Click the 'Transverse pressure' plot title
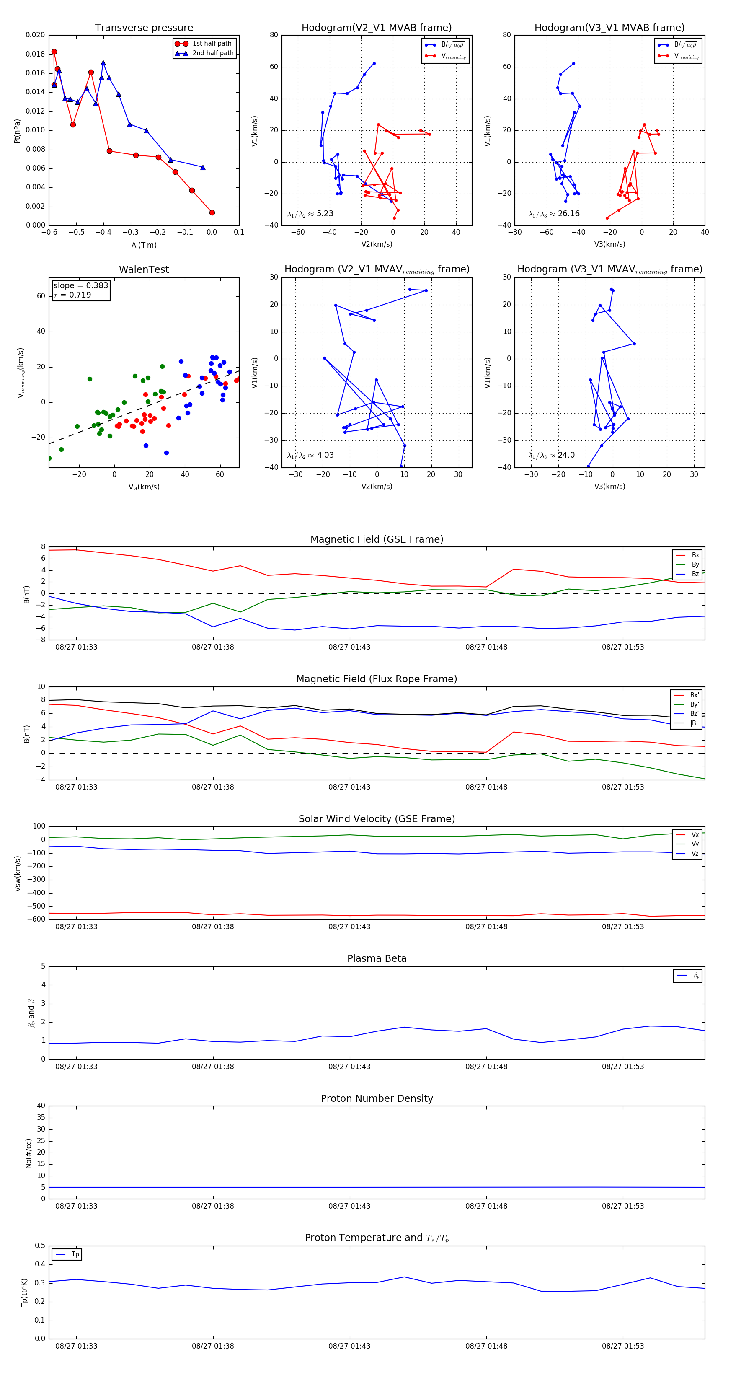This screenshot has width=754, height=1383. click(144, 28)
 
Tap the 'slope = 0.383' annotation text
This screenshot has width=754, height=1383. click(80, 286)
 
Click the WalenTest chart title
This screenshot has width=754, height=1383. click(144, 269)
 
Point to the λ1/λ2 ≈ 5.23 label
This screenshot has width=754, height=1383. click(310, 214)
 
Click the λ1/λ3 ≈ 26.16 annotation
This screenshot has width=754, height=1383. click(554, 214)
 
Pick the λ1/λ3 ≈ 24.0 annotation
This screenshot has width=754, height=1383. click(552, 455)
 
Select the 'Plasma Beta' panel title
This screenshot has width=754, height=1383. click(377, 958)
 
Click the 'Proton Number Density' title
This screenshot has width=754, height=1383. click(377, 1098)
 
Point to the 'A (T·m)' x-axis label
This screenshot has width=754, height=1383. click(144, 245)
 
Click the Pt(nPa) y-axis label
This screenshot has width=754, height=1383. click(17, 130)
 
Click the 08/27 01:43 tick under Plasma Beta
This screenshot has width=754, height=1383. click(349, 1066)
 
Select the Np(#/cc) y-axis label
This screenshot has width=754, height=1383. click(28, 1153)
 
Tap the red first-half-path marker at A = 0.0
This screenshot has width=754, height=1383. click(212, 212)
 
